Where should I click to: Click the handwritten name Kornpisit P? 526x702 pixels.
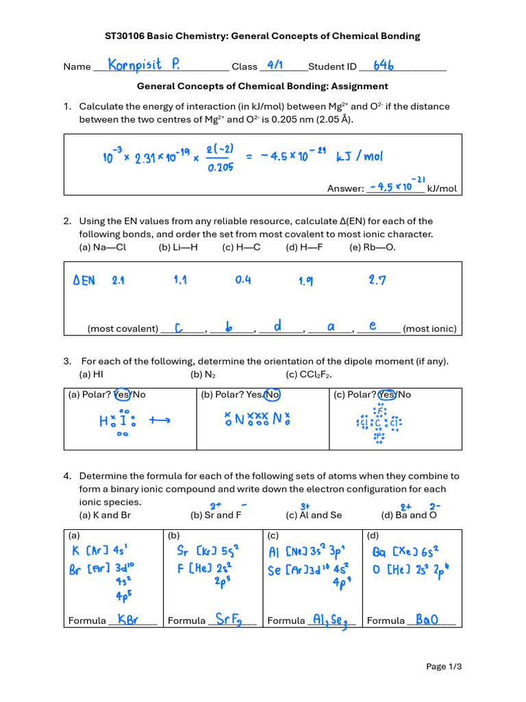point(145,65)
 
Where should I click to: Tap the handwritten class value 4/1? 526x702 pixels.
point(275,65)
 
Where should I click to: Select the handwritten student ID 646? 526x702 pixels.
point(384,65)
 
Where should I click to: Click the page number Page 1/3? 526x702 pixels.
point(444,666)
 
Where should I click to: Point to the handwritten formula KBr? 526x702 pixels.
point(128,619)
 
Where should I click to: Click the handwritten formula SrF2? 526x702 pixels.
point(229,619)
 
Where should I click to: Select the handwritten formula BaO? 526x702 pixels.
point(425,620)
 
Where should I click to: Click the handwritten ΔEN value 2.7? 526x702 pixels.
point(377,280)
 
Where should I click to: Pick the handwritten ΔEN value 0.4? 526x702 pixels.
point(243,280)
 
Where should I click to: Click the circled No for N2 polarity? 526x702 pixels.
point(273,394)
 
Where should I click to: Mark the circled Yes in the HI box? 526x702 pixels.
point(122,394)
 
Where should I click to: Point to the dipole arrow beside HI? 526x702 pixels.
point(159,422)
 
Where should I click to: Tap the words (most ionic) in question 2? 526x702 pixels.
point(429,328)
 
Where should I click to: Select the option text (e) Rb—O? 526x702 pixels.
point(372,247)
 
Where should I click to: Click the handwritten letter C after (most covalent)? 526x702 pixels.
point(179,328)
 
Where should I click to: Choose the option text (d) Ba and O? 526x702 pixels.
point(409,515)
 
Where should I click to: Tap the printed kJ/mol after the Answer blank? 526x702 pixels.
point(442,189)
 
